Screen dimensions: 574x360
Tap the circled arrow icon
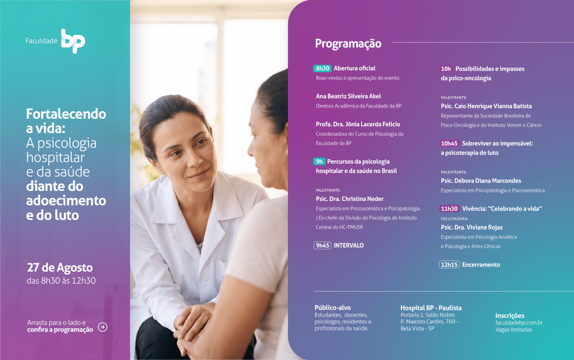tap(102, 327)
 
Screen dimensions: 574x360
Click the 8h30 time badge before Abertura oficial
tap(322, 68)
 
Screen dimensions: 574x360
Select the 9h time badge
tap(319, 162)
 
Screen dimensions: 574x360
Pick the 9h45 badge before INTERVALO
tap(322, 246)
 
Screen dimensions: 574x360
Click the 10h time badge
tap(446, 69)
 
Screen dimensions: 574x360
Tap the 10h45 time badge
tap(449, 144)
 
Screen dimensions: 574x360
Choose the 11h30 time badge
tap(449, 209)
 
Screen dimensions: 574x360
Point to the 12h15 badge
tap(449, 265)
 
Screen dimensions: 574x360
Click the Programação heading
tap(348, 43)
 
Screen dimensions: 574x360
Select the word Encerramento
tap(481, 265)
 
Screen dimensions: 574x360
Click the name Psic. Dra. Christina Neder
tap(349, 199)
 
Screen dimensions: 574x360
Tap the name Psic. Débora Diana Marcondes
tap(481, 181)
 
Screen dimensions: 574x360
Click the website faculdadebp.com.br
tap(519, 323)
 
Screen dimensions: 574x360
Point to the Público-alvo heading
tap(333, 308)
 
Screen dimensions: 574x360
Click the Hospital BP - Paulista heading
tap(431, 308)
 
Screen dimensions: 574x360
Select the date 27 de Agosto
tap(60, 268)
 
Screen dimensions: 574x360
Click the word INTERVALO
tap(348, 246)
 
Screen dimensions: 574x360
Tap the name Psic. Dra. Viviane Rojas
tap(471, 227)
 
